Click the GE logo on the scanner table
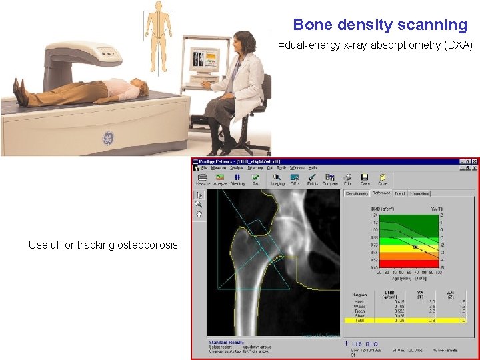coord(107,139)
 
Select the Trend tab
coord(399,194)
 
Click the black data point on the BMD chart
coord(415,247)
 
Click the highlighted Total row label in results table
coord(359,320)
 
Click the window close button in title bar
coord(475,161)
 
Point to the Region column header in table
coord(360,293)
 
